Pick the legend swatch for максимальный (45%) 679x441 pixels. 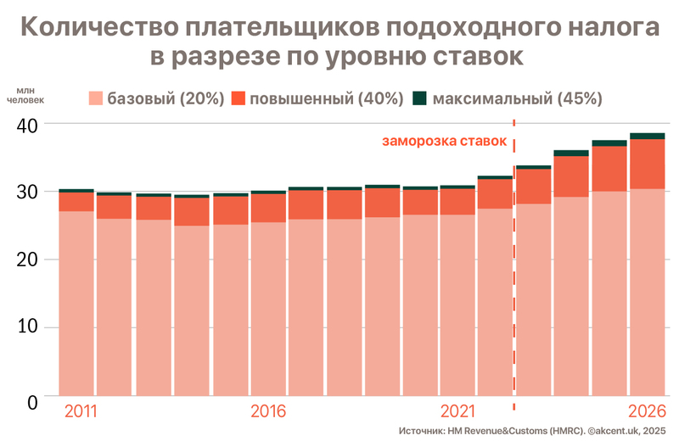(x=419, y=98)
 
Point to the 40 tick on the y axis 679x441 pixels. (x=27, y=124)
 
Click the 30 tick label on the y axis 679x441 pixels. (x=27, y=192)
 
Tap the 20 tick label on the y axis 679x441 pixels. (x=27, y=260)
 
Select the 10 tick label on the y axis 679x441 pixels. (x=27, y=328)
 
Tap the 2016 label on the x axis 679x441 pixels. (x=268, y=412)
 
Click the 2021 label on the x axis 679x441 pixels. (x=457, y=412)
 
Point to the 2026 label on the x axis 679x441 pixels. (x=647, y=412)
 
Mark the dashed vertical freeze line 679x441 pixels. (x=514, y=271)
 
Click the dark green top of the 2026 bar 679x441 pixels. (x=648, y=136)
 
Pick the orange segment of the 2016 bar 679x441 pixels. (x=268, y=208)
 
